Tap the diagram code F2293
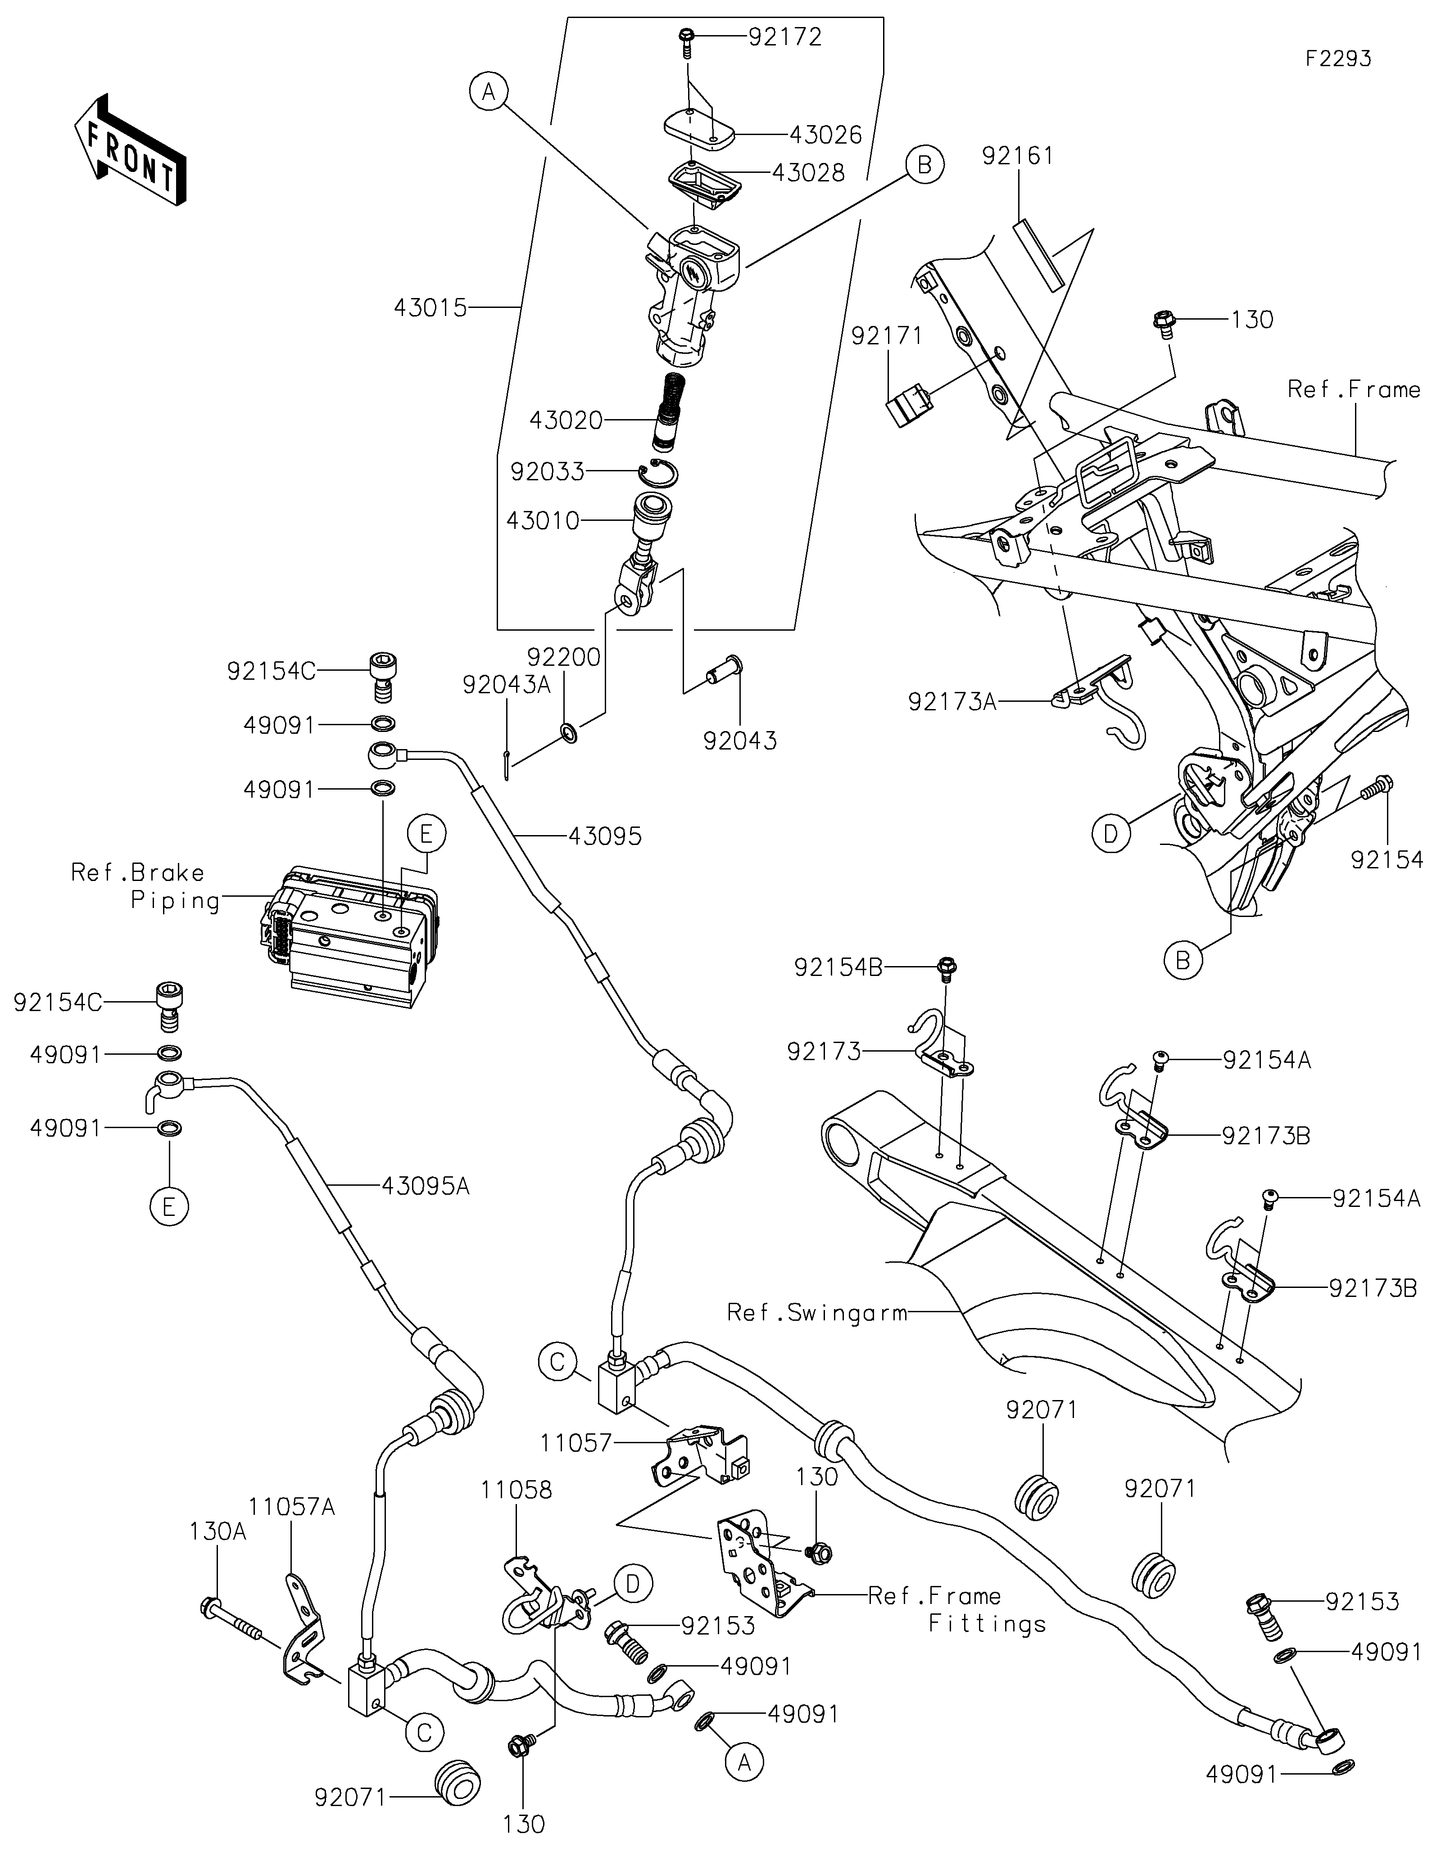point(1339,59)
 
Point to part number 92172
point(785,37)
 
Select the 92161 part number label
point(1018,156)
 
